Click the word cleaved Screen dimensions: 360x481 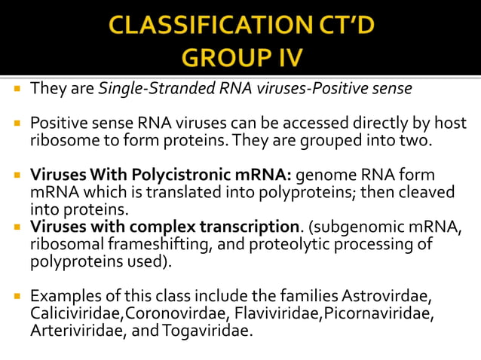pyautogui.click(x=427, y=192)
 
